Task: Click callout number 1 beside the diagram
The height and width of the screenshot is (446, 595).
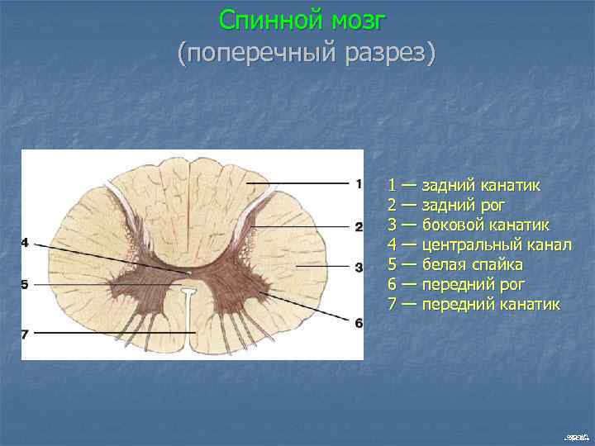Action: (x=358, y=183)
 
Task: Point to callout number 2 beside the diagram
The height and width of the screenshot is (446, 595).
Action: (x=358, y=226)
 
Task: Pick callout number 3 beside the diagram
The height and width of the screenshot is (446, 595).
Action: (x=358, y=268)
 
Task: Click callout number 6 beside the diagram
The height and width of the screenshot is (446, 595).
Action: (x=358, y=323)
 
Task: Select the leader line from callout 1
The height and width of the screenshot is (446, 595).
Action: (x=297, y=183)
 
